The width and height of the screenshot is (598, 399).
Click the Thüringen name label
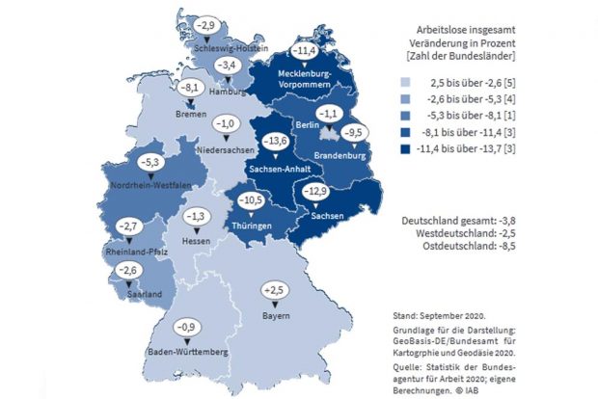[x=250, y=226]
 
